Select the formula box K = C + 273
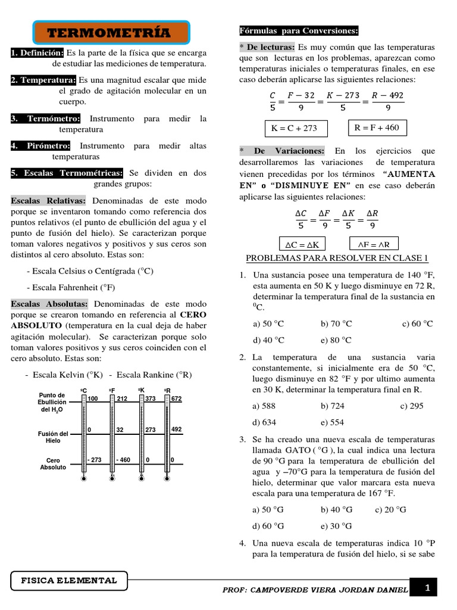[293, 128]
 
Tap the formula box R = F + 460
[376, 127]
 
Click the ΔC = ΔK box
[302, 244]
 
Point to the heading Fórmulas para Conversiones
[299, 30]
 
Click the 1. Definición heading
[37, 53]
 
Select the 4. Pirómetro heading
[40, 146]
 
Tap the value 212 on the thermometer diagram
[122, 399]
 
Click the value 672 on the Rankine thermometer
[177, 399]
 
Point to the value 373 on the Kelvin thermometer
[151, 399]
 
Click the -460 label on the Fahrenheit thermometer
[124, 460]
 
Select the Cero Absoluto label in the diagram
[53, 463]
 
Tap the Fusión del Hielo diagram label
[53, 437]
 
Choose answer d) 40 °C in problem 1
[268, 340]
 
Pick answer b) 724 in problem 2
[333, 406]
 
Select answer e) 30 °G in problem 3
[336, 526]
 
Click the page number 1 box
[427, 588]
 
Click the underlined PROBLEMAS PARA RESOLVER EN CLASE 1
[337, 258]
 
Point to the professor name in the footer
[315, 590]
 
